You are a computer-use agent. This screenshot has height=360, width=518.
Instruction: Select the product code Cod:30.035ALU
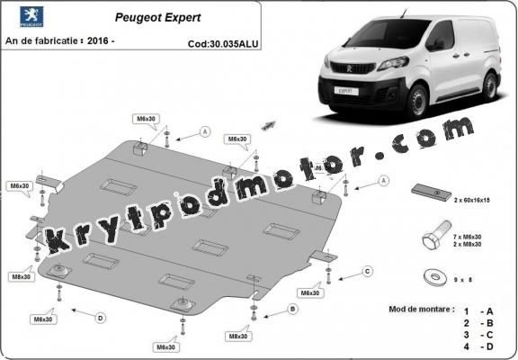tap(222, 42)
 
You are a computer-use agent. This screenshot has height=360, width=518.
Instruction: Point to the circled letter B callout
tap(291, 309)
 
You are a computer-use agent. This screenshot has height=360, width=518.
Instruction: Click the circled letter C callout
tap(367, 271)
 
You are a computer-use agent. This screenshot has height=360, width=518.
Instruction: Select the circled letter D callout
tap(101, 316)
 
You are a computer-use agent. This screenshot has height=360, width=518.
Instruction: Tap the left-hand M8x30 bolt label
tap(21, 276)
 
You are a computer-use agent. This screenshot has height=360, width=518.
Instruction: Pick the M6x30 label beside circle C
tap(310, 292)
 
